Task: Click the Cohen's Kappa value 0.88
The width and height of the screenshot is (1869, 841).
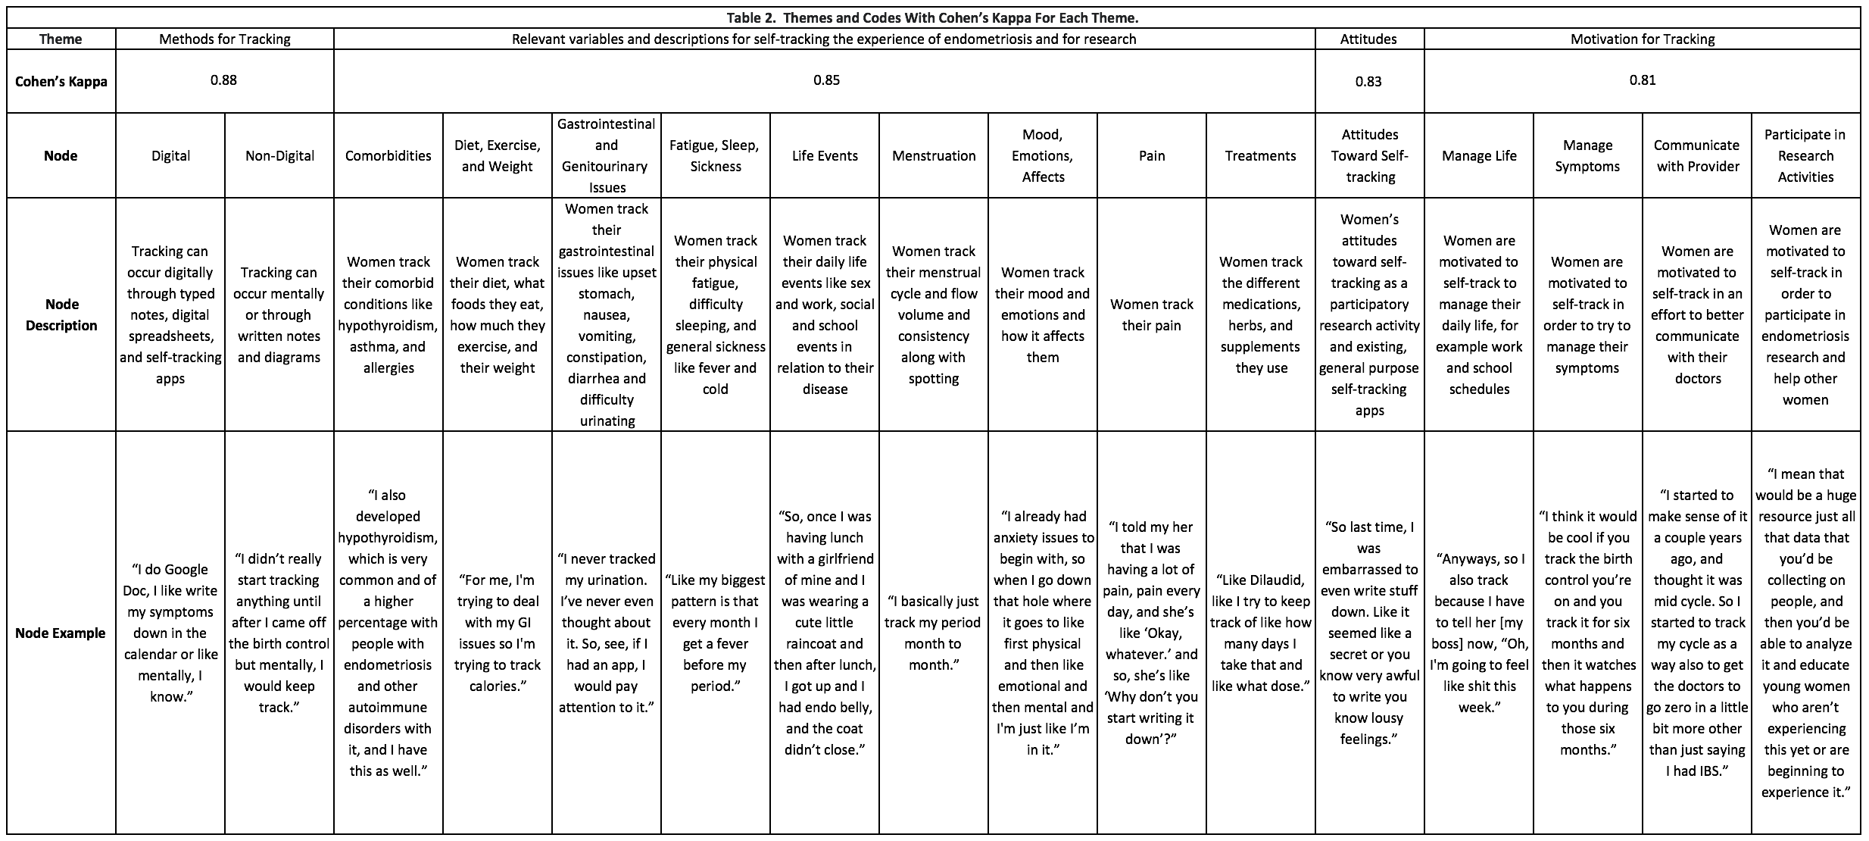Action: click(223, 80)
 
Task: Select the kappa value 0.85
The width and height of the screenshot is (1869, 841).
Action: click(826, 80)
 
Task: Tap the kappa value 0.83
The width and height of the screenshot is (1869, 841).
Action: click(1368, 81)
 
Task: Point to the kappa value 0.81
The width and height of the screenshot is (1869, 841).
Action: click(1642, 80)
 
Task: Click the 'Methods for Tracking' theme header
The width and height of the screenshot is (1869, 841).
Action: click(225, 39)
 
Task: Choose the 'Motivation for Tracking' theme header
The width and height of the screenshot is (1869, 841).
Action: click(1642, 39)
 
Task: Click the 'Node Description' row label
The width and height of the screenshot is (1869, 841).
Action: click(61, 314)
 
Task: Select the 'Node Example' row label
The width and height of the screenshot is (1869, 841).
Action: click(61, 633)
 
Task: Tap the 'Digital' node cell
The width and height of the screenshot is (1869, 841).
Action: click(170, 156)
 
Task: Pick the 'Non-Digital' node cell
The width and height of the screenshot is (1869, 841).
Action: click(279, 156)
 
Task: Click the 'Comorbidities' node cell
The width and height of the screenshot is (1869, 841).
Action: click(388, 156)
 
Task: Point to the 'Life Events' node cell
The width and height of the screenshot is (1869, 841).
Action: click(825, 156)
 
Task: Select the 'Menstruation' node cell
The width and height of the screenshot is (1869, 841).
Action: click(934, 156)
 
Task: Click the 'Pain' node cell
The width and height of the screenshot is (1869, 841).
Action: click(1152, 156)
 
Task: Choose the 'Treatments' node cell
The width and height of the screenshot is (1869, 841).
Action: click(1261, 156)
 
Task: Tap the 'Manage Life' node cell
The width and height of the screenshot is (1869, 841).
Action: click(1479, 156)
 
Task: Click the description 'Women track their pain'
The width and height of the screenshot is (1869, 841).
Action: click(1152, 314)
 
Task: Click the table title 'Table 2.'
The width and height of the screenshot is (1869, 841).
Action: click(753, 17)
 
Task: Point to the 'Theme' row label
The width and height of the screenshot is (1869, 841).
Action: click(61, 39)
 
